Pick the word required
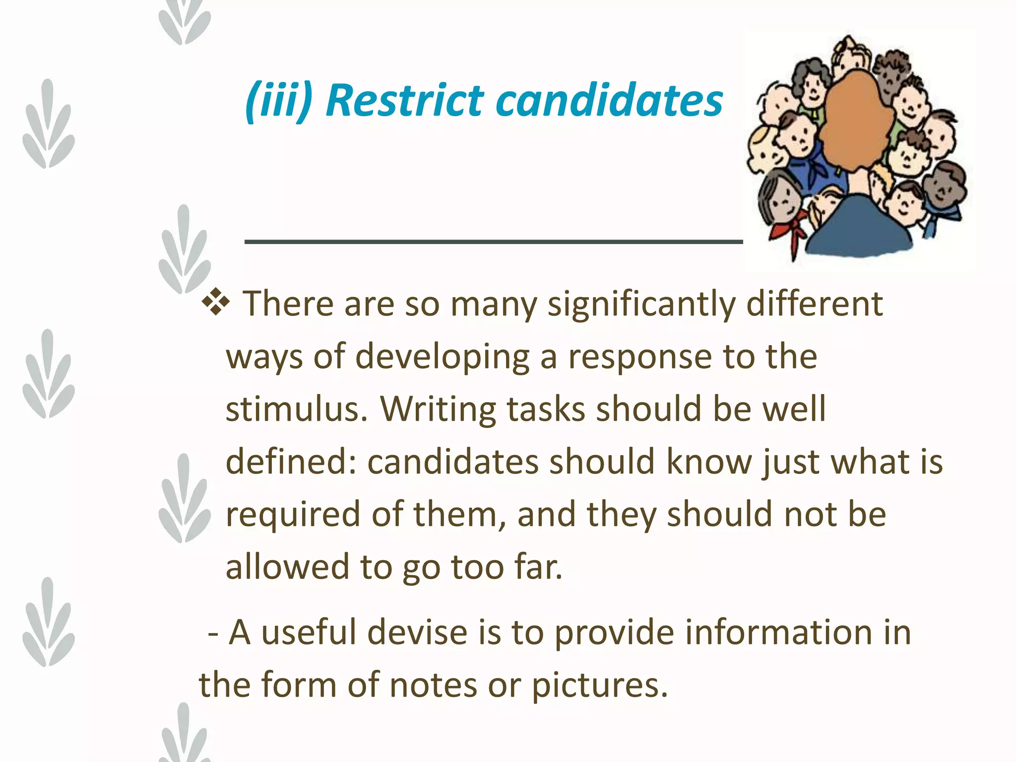click(293, 515)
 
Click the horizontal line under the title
click(493, 242)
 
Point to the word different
click(814, 304)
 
